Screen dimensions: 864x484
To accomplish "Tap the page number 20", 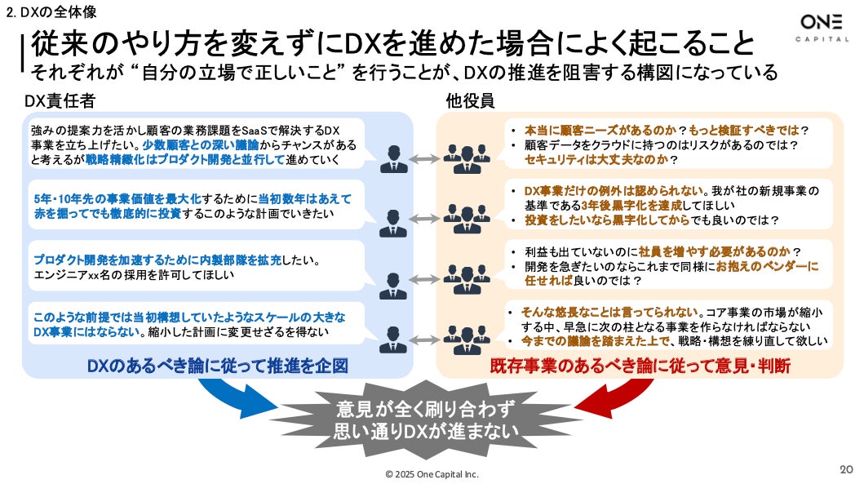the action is pyautogui.click(x=845, y=469).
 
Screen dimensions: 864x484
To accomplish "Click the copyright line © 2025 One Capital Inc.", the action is pyautogui.click(x=432, y=474).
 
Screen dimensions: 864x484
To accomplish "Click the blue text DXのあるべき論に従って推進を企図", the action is pyautogui.click(x=217, y=366).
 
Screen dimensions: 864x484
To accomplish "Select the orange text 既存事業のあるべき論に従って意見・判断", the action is pyautogui.click(x=640, y=366).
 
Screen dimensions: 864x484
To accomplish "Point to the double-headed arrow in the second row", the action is pyautogui.click(x=423, y=218).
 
